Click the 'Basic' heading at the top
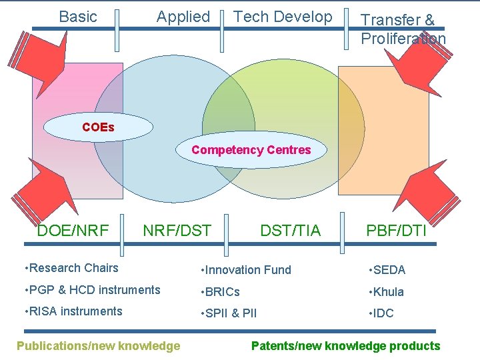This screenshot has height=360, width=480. (x=78, y=17)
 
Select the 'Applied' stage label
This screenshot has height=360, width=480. (x=183, y=17)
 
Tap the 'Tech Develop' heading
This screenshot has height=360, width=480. (x=283, y=17)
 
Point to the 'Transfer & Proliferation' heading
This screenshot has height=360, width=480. (x=403, y=29)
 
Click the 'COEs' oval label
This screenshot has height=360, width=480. (x=98, y=127)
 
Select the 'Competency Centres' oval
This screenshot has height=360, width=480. (x=251, y=150)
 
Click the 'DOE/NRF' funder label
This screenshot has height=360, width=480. (x=73, y=231)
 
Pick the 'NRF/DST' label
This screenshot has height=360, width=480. (x=177, y=231)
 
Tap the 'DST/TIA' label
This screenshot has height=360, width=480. (x=290, y=231)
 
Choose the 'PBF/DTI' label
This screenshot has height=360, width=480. (x=396, y=231)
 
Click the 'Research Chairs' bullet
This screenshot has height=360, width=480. (x=71, y=268)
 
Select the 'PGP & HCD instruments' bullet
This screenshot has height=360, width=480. (x=92, y=290)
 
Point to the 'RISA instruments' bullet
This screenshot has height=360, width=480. (x=73, y=311)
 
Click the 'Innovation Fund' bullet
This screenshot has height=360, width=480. (x=246, y=270)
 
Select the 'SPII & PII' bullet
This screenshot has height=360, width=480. (x=229, y=313)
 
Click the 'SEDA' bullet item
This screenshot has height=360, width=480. (x=389, y=270)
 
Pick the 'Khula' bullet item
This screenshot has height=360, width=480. (x=388, y=292)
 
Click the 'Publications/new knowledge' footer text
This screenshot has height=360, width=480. (x=98, y=345)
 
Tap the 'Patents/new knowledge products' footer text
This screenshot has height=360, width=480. (x=345, y=345)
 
